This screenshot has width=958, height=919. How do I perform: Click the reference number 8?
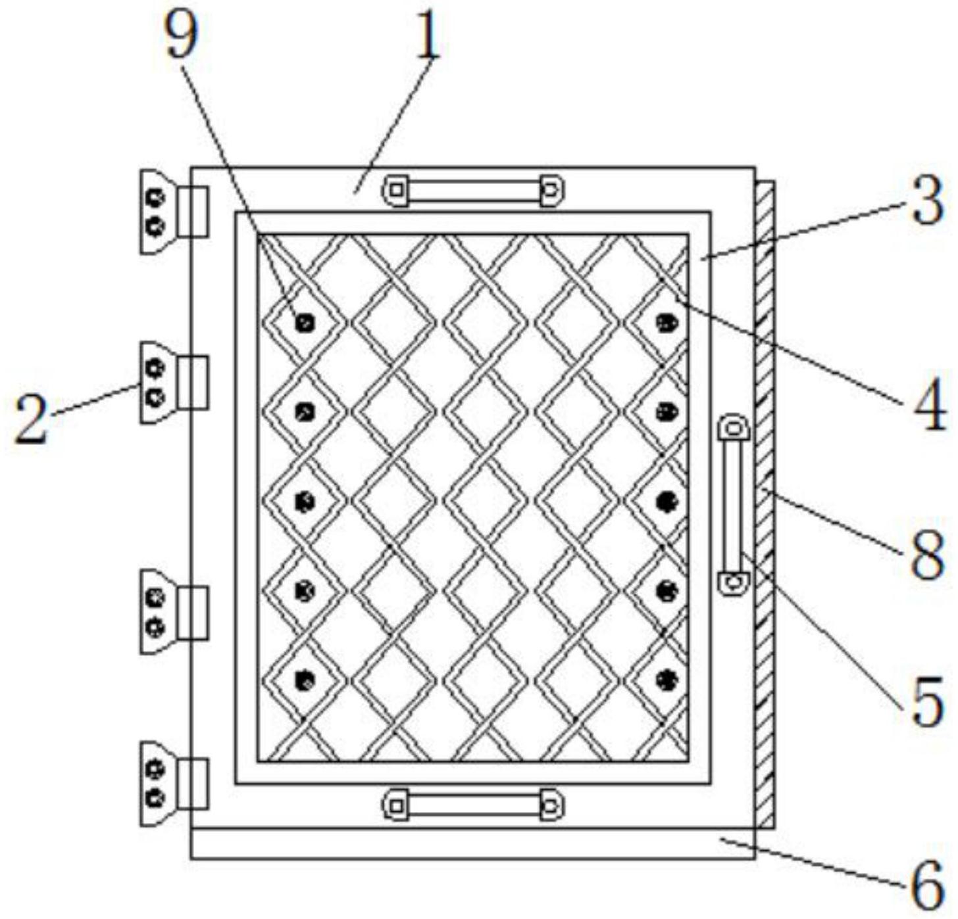point(928,555)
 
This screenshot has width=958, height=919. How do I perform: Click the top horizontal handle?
point(474,191)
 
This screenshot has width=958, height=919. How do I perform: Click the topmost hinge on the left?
point(172,211)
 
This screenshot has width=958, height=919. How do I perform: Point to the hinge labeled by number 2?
point(172,382)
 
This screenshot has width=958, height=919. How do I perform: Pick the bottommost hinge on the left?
point(172,784)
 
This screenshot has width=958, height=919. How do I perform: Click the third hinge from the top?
point(172,612)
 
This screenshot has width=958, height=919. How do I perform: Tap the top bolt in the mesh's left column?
point(304,322)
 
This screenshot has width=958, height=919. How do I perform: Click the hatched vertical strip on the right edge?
point(765,505)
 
